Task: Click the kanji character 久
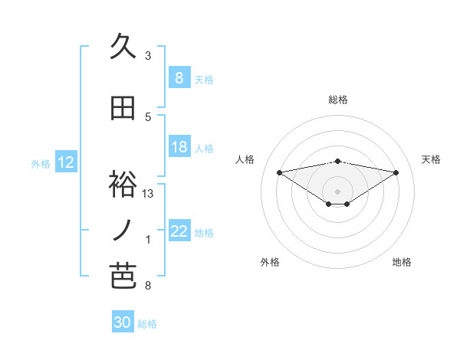click(123, 47)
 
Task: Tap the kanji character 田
click(123, 109)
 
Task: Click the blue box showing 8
click(179, 78)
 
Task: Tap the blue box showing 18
click(179, 147)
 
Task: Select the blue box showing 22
click(179, 231)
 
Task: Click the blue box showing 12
click(65, 162)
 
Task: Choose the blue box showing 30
click(123, 322)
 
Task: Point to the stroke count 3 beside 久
click(148, 56)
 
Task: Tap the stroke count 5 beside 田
click(148, 117)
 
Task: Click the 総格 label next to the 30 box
click(147, 324)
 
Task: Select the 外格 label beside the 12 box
click(41, 163)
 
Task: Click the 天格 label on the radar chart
click(431, 159)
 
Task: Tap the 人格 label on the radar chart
click(245, 159)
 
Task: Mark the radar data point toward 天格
click(396, 172)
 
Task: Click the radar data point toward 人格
click(279, 172)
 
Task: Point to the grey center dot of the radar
click(337, 190)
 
